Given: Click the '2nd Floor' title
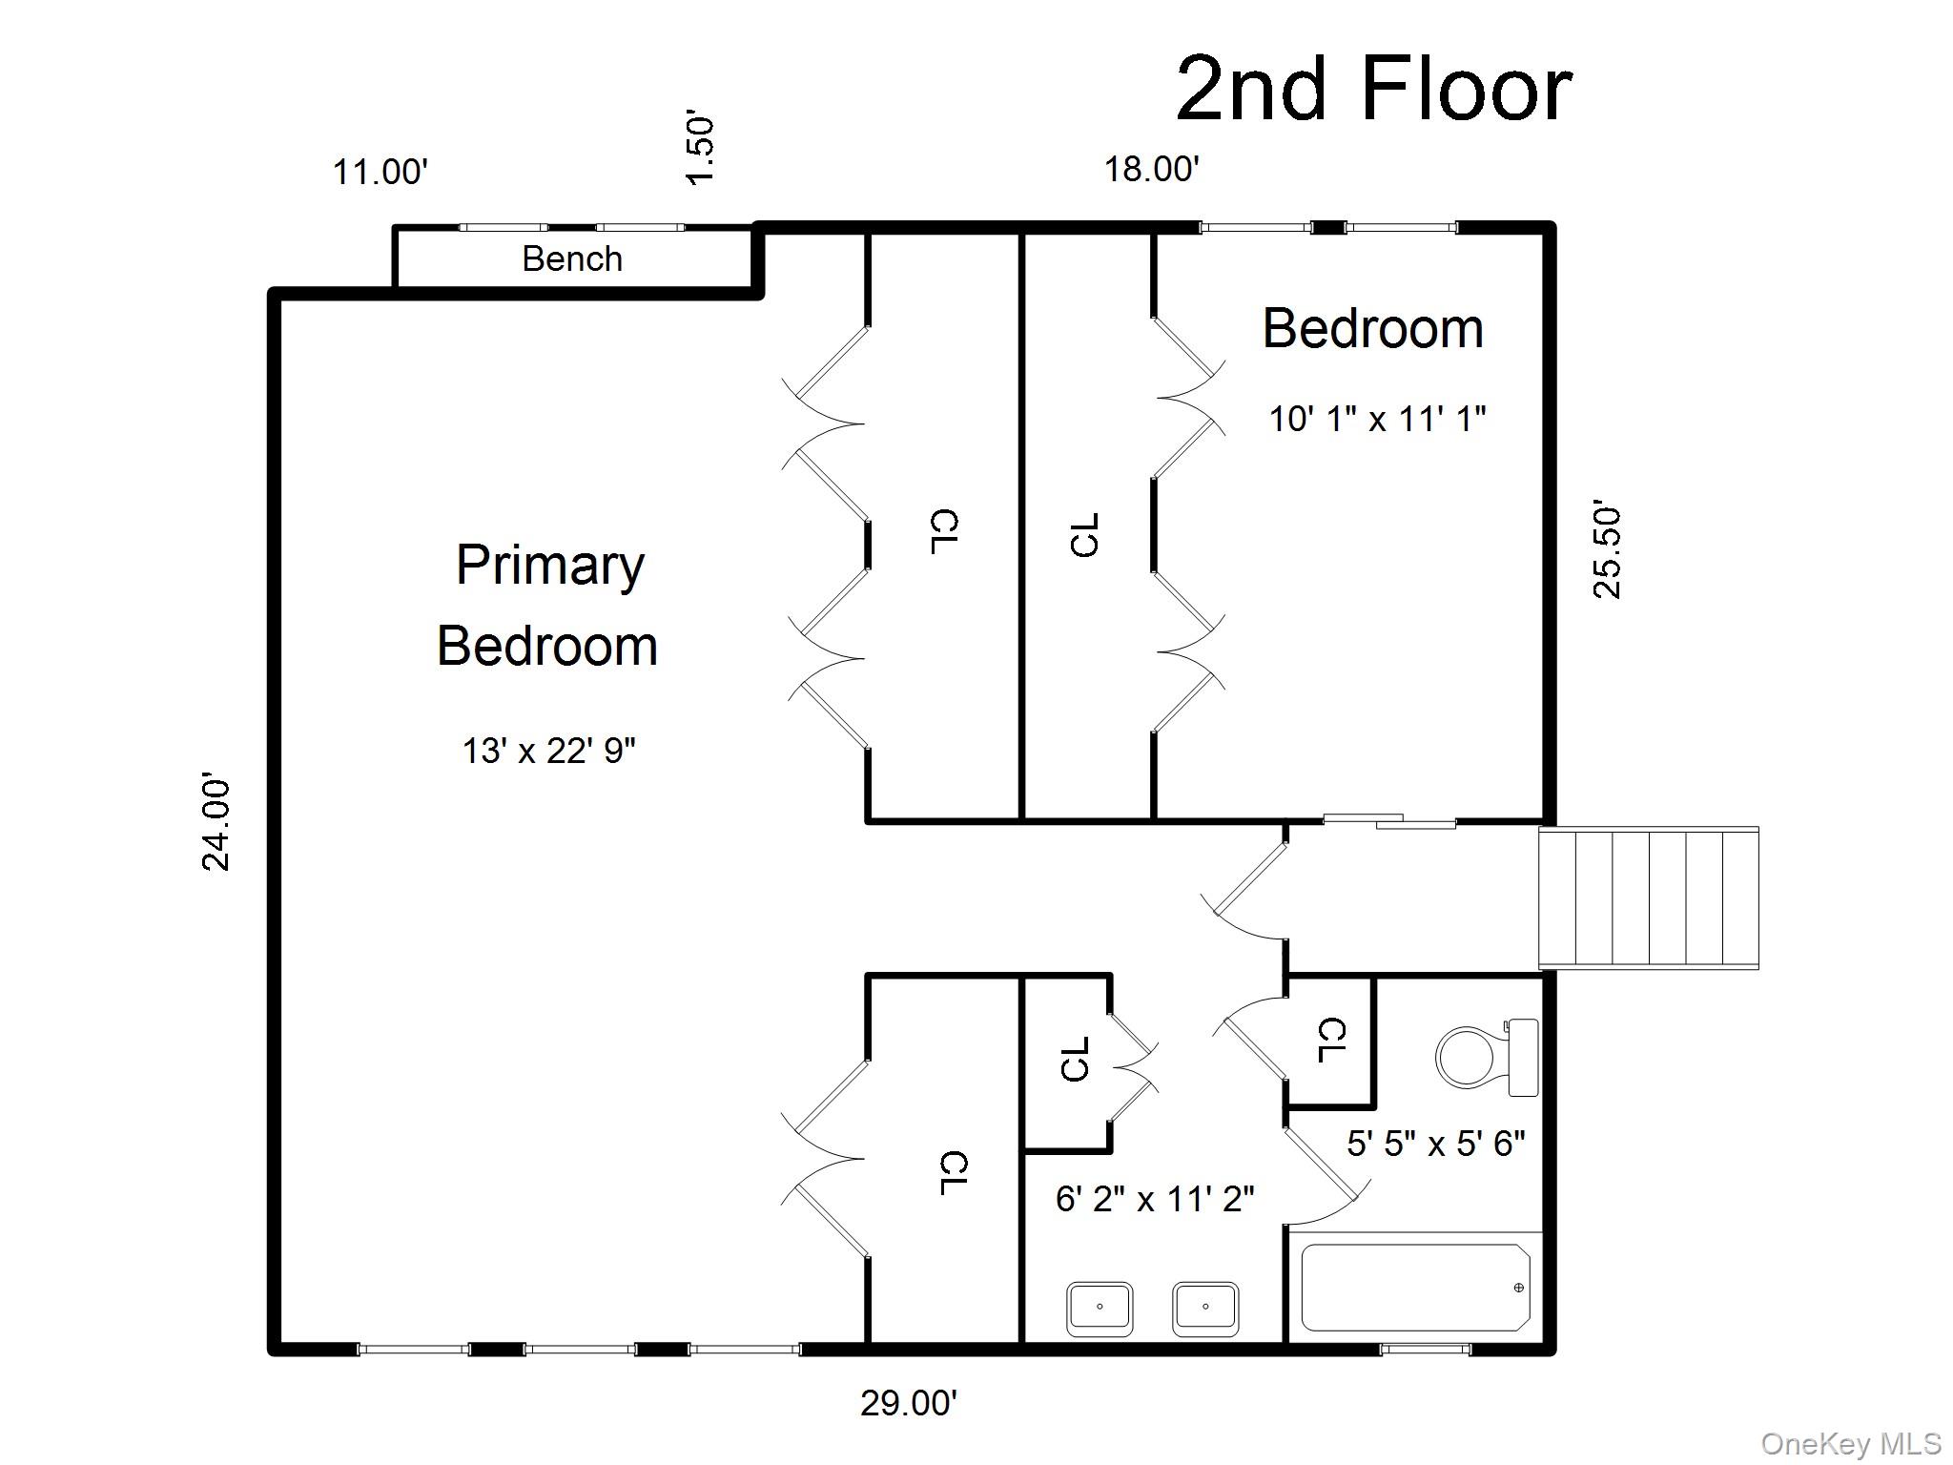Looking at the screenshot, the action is (x=1374, y=89).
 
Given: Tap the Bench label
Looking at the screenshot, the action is (x=572, y=258).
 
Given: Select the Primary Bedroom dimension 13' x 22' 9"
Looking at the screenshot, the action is (x=549, y=751).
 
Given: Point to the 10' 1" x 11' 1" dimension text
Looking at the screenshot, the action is (x=1377, y=419).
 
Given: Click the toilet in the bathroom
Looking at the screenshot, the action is (x=1487, y=1057).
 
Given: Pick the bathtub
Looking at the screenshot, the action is (x=1415, y=1287).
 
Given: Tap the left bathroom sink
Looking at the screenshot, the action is (x=1100, y=1308).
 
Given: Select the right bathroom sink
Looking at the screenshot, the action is (x=1205, y=1308).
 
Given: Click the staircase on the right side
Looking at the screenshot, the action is (x=1649, y=898).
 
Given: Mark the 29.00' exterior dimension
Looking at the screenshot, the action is (x=909, y=1403).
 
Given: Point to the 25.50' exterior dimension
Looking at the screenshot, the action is (x=1607, y=551).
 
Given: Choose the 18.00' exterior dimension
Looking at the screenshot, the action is (x=1151, y=169).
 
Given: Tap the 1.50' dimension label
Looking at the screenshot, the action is (x=700, y=150).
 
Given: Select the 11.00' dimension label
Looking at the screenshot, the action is (x=380, y=173).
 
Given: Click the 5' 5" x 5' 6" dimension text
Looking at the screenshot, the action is (x=1436, y=1143).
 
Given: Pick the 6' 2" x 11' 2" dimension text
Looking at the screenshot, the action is (x=1155, y=1199).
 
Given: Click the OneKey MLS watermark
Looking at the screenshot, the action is (x=1851, y=1443).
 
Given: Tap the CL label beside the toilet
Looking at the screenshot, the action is (x=1331, y=1041).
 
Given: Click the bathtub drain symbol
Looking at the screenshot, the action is (x=1518, y=1288).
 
